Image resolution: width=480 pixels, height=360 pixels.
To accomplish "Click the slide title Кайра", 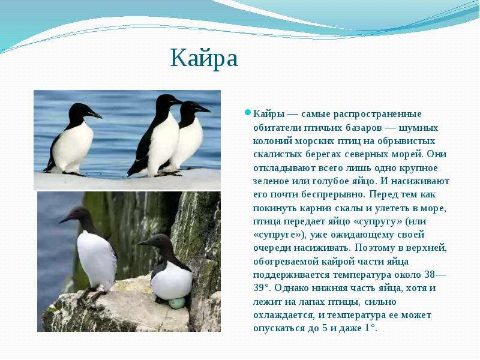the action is point(204,58).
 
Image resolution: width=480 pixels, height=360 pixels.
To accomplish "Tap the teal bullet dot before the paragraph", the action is point(247,112).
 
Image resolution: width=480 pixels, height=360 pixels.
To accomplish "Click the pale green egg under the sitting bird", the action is point(176,303).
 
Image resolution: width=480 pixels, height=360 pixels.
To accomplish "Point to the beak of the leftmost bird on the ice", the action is point(95,115).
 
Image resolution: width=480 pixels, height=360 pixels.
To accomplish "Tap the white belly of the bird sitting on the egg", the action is point(172,281).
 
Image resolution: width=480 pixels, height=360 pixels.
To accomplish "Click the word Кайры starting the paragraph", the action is point(269,115).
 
